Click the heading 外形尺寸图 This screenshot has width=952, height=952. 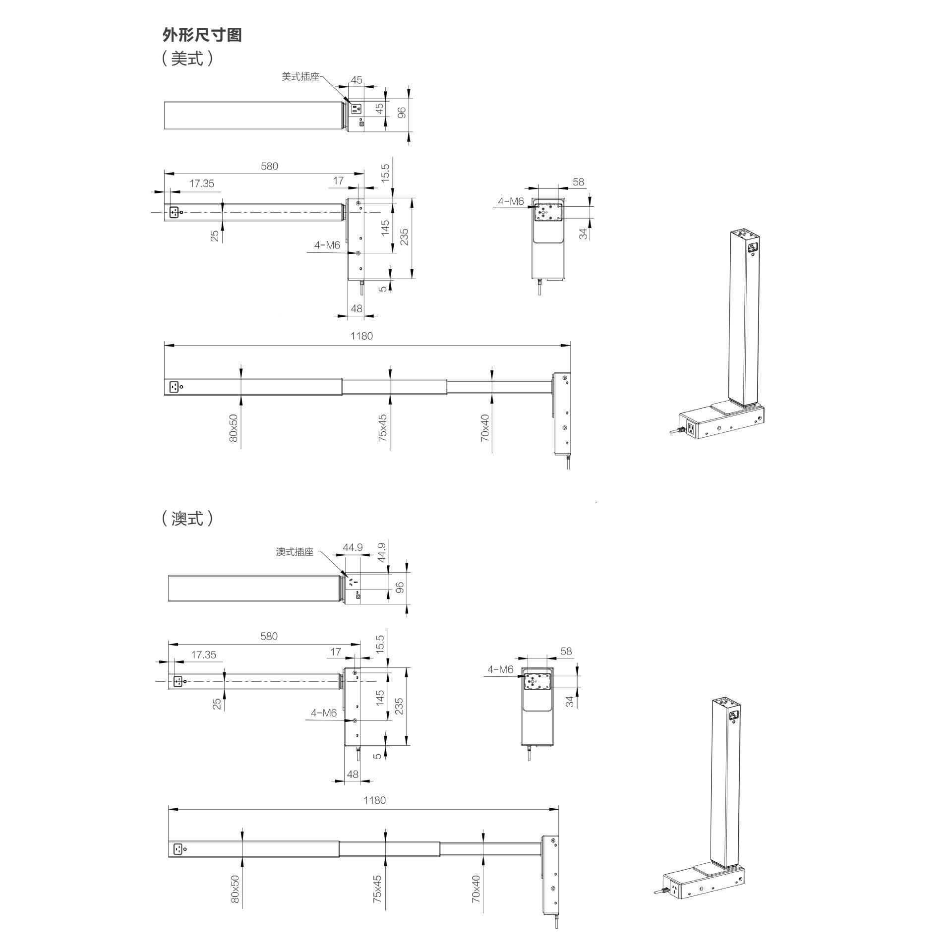coord(202,35)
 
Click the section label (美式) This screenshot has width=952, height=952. coord(187,59)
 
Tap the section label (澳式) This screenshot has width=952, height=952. coord(187,518)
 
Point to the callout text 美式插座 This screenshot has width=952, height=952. coord(300,77)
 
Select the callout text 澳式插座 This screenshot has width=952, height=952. coord(295,552)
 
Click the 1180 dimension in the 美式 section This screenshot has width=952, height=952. coord(361,336)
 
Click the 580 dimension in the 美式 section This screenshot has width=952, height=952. coord(269,166)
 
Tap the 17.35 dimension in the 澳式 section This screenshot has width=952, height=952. coord(203,654)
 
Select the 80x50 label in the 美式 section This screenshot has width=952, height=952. coord(234,428)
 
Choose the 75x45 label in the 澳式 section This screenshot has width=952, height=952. coord(377,889)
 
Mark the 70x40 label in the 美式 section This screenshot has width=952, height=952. coord(485,428)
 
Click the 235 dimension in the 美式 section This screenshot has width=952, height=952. coord(405,237)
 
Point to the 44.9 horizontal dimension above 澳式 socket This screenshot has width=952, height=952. coord(353,547)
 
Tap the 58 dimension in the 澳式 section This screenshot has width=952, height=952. coord(566,651)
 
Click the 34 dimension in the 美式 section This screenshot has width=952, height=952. coord(584,234)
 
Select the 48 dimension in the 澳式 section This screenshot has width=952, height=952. coord(353,774)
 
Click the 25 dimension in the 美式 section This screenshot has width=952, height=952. coord(215,236)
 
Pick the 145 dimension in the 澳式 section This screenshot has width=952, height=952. coord(380,698)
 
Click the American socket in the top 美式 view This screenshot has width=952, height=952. coord(356,108)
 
